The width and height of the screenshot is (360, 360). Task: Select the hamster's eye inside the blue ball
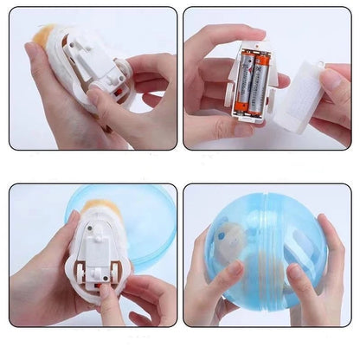click(222, 233)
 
